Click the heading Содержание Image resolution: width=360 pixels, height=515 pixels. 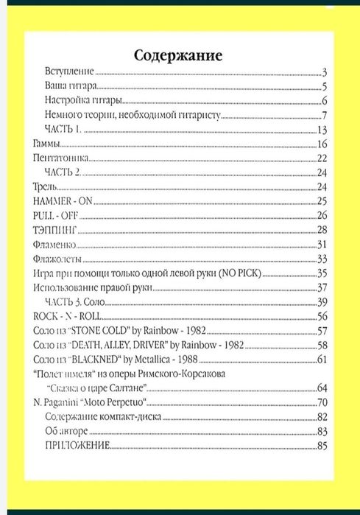[x=178, y=55]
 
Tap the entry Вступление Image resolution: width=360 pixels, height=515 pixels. [x=70, y=72]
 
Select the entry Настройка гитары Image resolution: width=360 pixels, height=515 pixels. [x=82, y=101]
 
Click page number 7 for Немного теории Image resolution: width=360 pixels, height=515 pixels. [x=323, y=116]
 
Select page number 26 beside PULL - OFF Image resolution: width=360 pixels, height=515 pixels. [x=321, y=215]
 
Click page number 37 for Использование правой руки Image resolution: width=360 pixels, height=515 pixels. [x=321, y=287]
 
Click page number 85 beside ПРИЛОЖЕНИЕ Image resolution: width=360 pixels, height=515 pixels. [x=321, y=445]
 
